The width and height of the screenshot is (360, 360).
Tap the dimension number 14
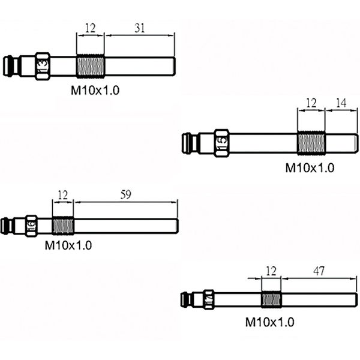(341, 103)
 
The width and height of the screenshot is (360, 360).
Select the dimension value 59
(125, 194)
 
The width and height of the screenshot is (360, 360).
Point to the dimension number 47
(319, 271)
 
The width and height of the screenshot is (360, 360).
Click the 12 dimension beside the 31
(90, 28)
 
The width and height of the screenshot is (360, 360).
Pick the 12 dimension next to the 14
(311, 103)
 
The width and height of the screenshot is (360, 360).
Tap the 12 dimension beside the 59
(62, 194)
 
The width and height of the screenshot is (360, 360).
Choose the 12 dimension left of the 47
(271, 271)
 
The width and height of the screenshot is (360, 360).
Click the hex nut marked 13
(42, 66)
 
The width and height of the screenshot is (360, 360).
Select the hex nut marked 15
(221, 143)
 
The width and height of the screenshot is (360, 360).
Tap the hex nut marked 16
(31, 226)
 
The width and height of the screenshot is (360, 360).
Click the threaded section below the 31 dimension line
(90, 66)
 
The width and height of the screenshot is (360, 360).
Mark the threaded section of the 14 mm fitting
(311, 143)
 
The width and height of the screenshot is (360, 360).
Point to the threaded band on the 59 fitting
(62, 226)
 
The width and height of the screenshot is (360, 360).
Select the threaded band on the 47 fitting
(271, 299)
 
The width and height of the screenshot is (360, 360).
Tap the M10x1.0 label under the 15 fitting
(309, 168)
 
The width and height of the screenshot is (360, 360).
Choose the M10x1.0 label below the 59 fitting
(68, 245)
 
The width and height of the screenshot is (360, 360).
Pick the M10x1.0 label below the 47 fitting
(269, 322)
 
